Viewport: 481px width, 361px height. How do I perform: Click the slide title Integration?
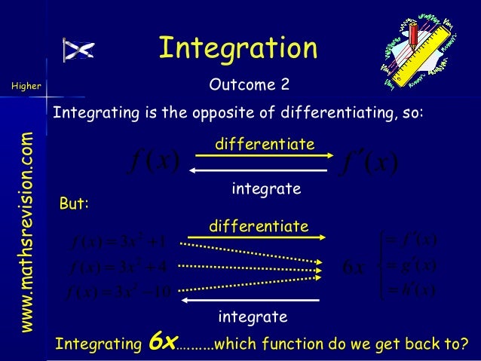[237, 48]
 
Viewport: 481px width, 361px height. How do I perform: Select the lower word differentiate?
[259, 226]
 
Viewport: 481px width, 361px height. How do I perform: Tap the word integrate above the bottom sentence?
[253, 316]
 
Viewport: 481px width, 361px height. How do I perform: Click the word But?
[74, 204]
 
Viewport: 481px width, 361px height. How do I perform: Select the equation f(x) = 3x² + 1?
[121, 243]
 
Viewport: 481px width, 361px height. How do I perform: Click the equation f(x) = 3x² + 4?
[121, 265]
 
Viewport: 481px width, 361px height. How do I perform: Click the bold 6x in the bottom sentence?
[161, 342]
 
